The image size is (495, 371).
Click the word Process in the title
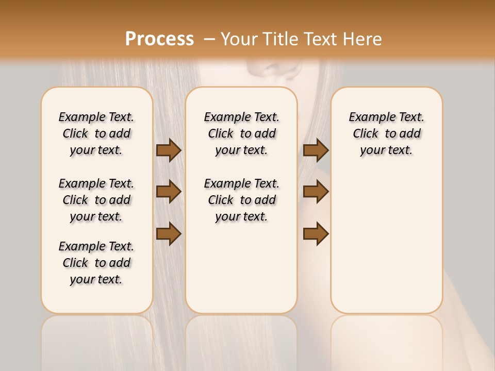pyautogui.click(x=159, y=39)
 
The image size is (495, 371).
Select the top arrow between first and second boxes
pyautogui.click(x=169, y=150)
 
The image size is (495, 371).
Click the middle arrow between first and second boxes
pyautogui.click(x=169, y=192)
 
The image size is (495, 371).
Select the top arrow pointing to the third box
pyautogui.click(x=316, y=150)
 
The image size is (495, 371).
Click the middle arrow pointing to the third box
pyautogui.click(x=316, y=192)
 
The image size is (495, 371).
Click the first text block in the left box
pyautogui.click(x=96, y=133)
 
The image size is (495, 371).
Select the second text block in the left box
pyautogui.click(x=96, y=200)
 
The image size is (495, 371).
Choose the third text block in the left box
pyautogui.click(x=96, y=263)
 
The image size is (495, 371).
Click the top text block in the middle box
pyautogui.click(x=241, y=133)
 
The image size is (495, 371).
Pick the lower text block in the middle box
pyautogui.click(x=241, y=200)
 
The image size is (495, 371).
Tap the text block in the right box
pyautogui.click(x=386, y=133)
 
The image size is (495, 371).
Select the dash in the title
pyautogui.click(x=209, y=39)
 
